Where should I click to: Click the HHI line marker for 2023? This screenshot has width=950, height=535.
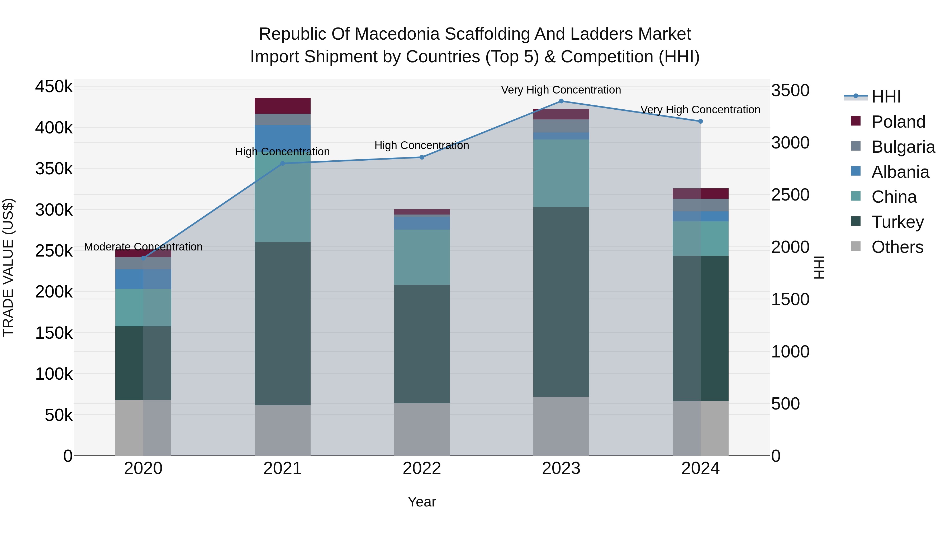click(x=561, y=101)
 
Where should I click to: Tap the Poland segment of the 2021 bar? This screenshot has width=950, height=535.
click(x=282, y=106)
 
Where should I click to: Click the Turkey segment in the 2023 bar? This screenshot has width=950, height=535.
click(x=561, y=302)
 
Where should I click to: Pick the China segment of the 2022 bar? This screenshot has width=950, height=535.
click(x=422, y=257)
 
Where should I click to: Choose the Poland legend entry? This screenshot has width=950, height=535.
click(x=898, y=122)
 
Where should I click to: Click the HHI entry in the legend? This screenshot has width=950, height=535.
click(x=886, y=97)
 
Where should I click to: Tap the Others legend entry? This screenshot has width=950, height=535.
click(x=897, y=247)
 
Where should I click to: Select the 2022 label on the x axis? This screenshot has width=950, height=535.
click(x=422, y=468)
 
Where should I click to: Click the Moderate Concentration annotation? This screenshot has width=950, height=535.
click(x=144, y=247)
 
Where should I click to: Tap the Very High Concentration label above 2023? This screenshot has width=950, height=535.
click(x=561, y=90)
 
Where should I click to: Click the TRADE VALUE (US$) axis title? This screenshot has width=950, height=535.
click(x=8, y=267)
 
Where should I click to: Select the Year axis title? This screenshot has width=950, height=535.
click(x=422, y=502)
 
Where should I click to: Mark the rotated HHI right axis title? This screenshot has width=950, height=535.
click(x=819, y=267)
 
